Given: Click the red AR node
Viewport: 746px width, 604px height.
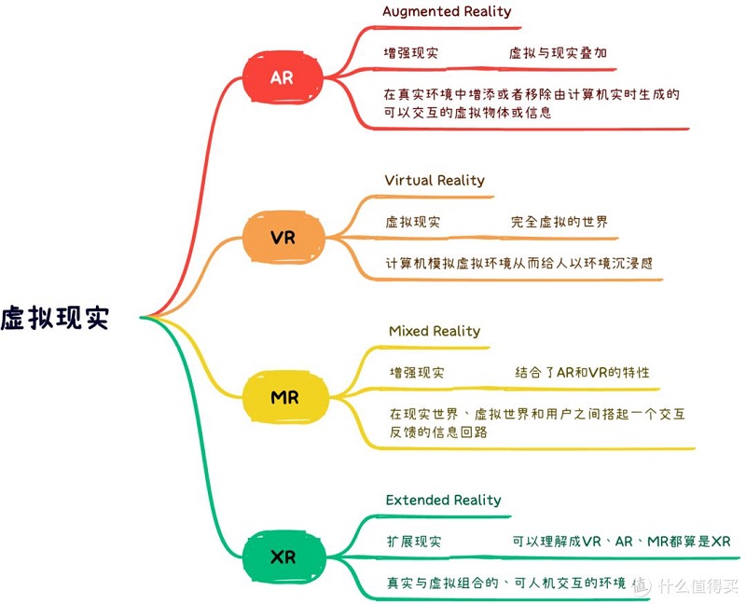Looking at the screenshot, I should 282,77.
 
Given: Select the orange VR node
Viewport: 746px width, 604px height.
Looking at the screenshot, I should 283,238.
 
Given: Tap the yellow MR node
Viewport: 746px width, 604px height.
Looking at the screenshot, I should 284,398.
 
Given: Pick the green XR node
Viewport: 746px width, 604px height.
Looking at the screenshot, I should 282,557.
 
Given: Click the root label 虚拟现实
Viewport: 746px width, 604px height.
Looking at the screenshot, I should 55,318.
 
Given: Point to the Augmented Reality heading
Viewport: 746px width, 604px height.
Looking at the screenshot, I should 447,12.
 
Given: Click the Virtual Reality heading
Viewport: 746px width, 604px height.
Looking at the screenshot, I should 435,180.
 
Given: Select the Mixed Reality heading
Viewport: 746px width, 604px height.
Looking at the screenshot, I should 435,331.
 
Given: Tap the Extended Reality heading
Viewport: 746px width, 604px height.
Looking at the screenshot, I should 443,501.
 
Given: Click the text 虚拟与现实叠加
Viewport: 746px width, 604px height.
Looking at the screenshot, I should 558,53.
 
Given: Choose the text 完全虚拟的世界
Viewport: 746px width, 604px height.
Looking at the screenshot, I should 559,223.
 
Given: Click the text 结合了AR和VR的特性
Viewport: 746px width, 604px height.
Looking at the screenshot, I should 583,373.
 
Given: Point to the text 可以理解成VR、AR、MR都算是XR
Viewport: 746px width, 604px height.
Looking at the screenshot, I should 621,542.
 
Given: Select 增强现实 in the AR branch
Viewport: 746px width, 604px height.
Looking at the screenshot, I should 411,53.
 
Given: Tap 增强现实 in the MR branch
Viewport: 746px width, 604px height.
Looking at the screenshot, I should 417,373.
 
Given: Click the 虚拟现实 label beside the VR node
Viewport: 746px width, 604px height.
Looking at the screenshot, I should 413,223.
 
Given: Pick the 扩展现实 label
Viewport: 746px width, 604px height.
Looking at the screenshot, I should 414,542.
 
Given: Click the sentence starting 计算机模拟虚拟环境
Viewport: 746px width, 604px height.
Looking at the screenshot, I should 519,263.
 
